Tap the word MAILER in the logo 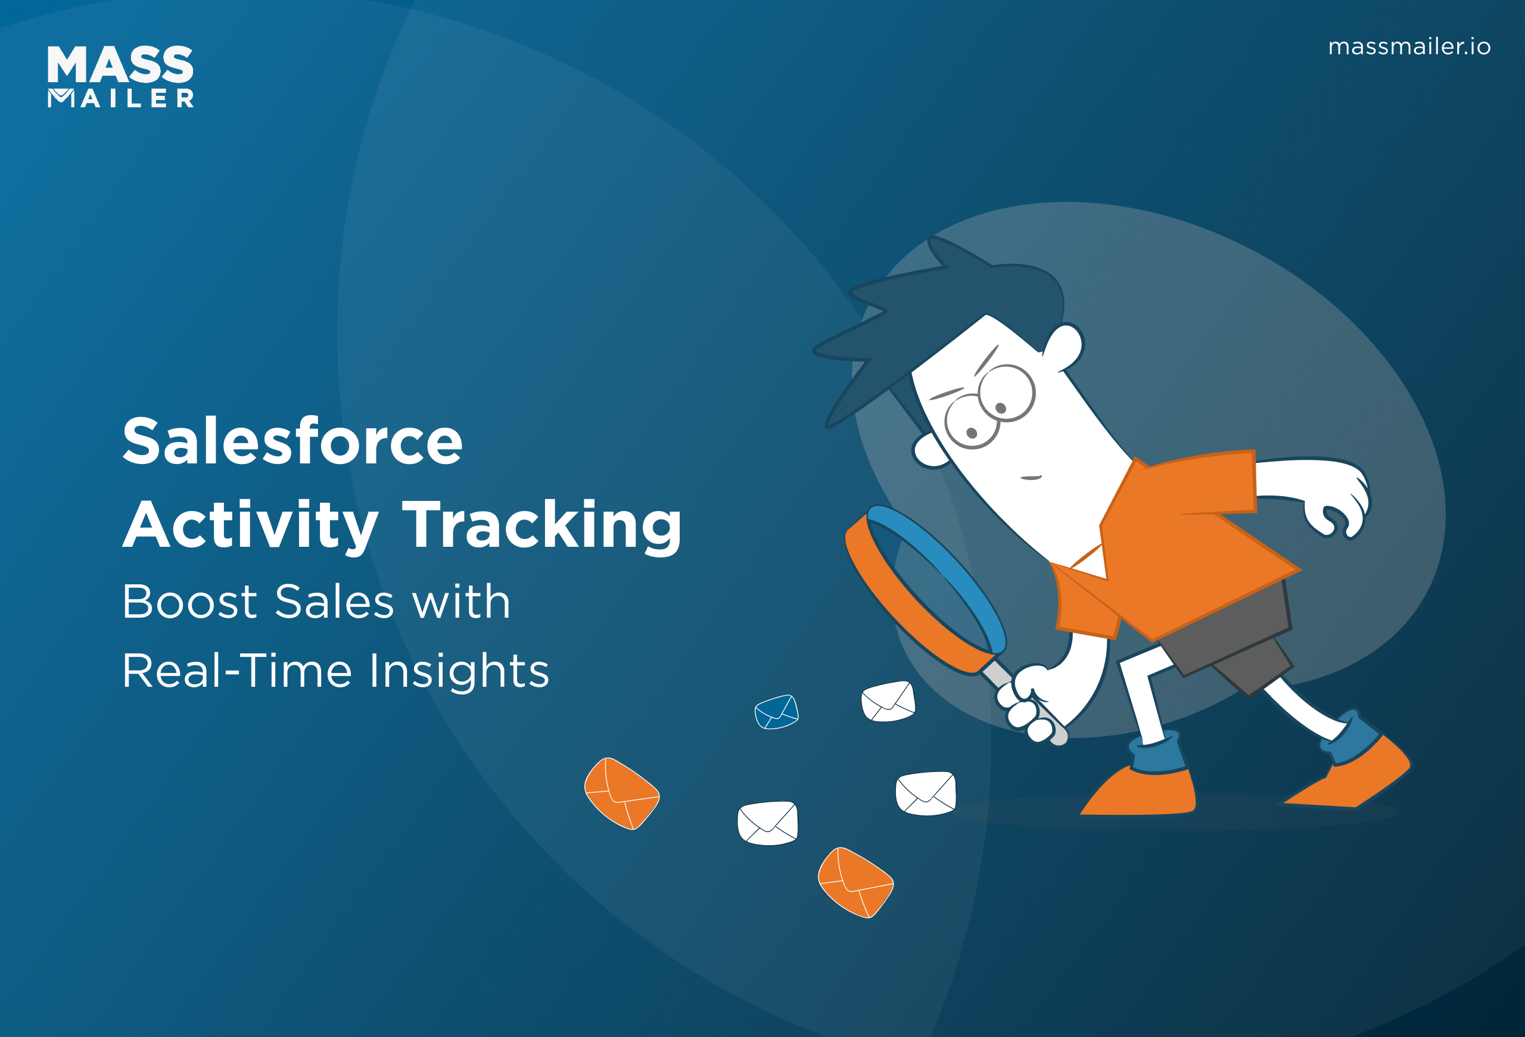(121, 98)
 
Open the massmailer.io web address (1409, 46)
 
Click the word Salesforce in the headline (292, 441)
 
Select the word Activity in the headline (251, 525)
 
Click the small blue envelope (776, 712)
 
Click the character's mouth (1031, 478)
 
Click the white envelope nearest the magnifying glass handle (888, 701)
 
